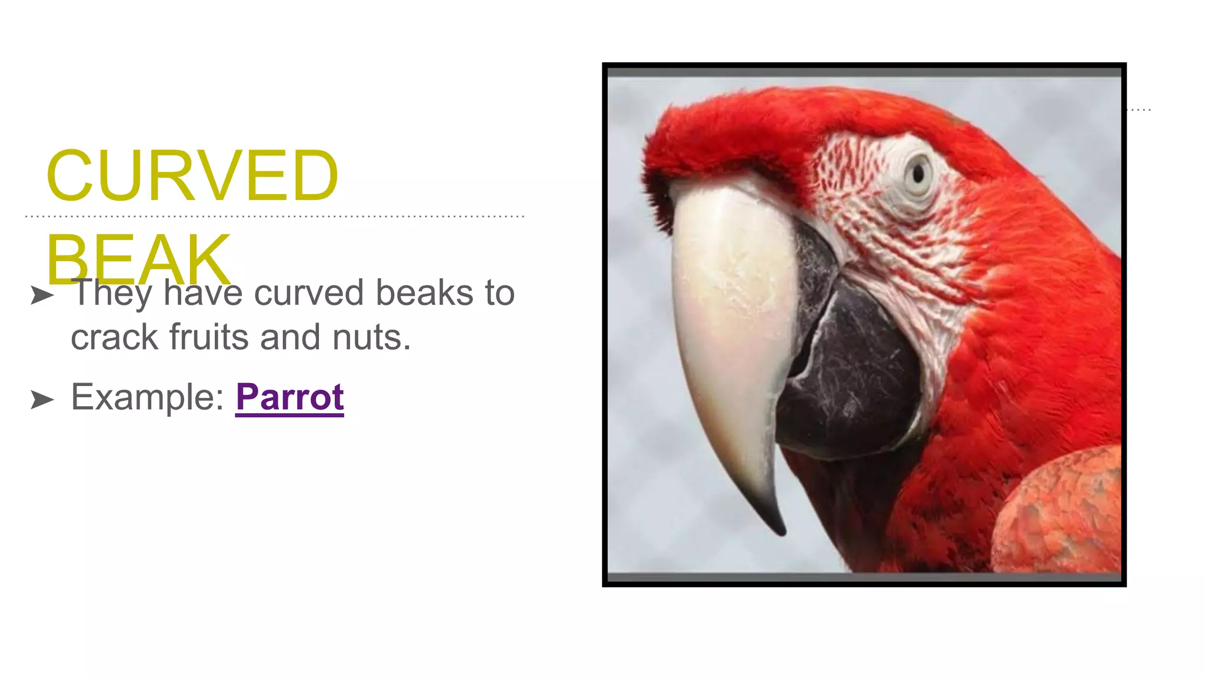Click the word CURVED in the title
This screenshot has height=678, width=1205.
point(192,175)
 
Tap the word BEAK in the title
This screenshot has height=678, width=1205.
point(139,259)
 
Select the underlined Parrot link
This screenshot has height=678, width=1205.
point(289,397)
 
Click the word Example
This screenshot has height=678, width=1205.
point(147,397)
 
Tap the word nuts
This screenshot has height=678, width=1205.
point(371,337)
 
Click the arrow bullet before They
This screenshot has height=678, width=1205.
point(42,295)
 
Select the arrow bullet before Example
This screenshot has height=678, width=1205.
point(42,400)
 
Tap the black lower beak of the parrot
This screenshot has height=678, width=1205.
point(853,377)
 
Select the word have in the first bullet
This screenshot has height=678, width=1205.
point(203,293)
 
